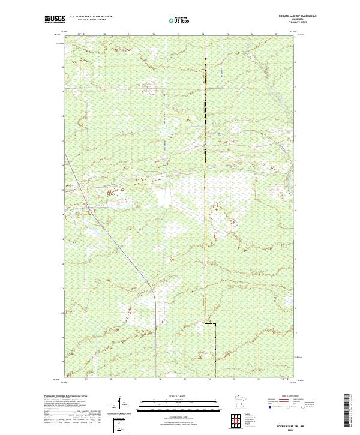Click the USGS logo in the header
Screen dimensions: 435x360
tap(55, 19)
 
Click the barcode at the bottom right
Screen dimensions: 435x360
tap(350, 412)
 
